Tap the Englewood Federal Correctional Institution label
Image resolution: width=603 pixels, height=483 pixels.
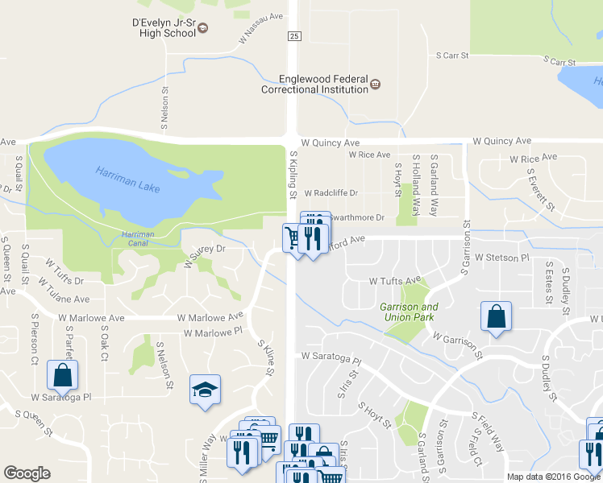pos(314,85)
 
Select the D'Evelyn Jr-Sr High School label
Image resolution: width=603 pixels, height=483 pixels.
pos(164,28)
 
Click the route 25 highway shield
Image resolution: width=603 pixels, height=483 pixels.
pos(294,36)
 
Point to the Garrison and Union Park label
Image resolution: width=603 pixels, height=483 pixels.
pos(410,312)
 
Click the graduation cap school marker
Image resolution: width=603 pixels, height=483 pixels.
pos(205,390)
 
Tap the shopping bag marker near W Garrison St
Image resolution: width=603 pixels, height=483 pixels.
pos(497,316)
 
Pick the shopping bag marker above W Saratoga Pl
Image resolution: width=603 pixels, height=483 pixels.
pos(62,374)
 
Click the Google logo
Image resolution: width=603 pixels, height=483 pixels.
pos(27,473)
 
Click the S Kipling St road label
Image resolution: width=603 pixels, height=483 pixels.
pos(293,173)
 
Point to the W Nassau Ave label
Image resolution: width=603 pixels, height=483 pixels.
pos(261,27)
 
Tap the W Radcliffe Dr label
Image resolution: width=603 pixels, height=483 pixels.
pos(331,193)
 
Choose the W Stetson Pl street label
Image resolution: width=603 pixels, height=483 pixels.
pos(501,258)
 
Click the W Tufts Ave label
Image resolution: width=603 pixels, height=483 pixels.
pos(395,281)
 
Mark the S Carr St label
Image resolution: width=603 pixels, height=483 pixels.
pos(452,56)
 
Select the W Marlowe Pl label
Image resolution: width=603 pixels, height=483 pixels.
pos(213,332)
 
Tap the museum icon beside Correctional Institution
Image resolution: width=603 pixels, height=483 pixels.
pos(376,84)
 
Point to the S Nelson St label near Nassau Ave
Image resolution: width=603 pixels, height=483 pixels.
pos(164,109)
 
